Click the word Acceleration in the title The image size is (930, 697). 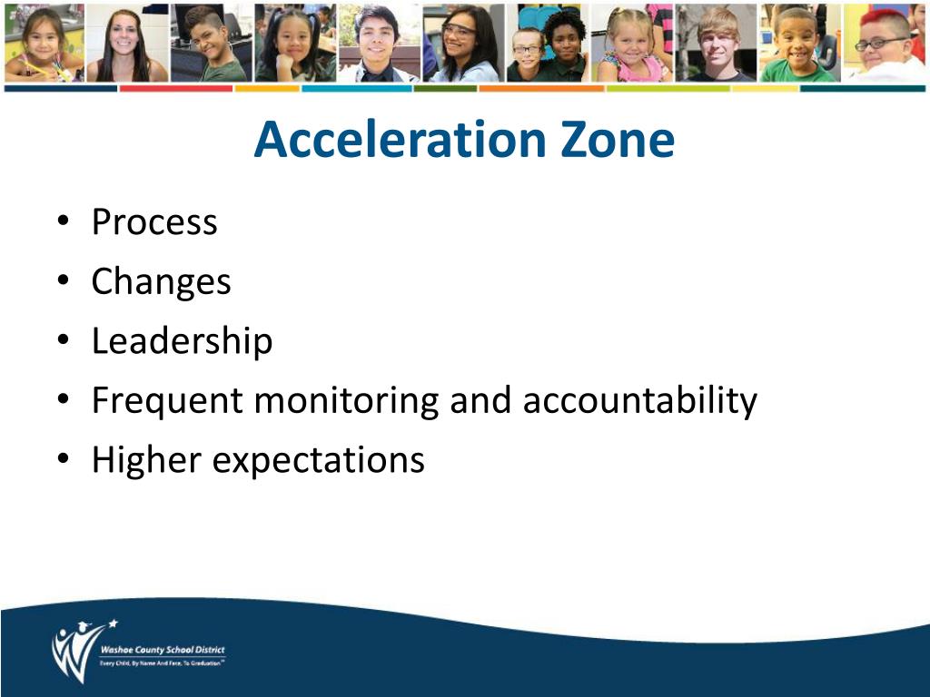point(394,141)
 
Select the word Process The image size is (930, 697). point(154,222)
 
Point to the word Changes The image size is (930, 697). point(161,282)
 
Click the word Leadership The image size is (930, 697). point(182,341)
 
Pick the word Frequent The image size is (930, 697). point(167,401)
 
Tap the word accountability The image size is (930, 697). point(639,401)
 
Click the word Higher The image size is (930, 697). point(146,460)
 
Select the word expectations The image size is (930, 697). point(318,460)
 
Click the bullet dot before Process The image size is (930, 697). point(61,221)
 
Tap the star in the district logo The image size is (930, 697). point(113,623)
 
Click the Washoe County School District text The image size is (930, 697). point(163,651)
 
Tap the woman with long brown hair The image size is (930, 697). point(126,41)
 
